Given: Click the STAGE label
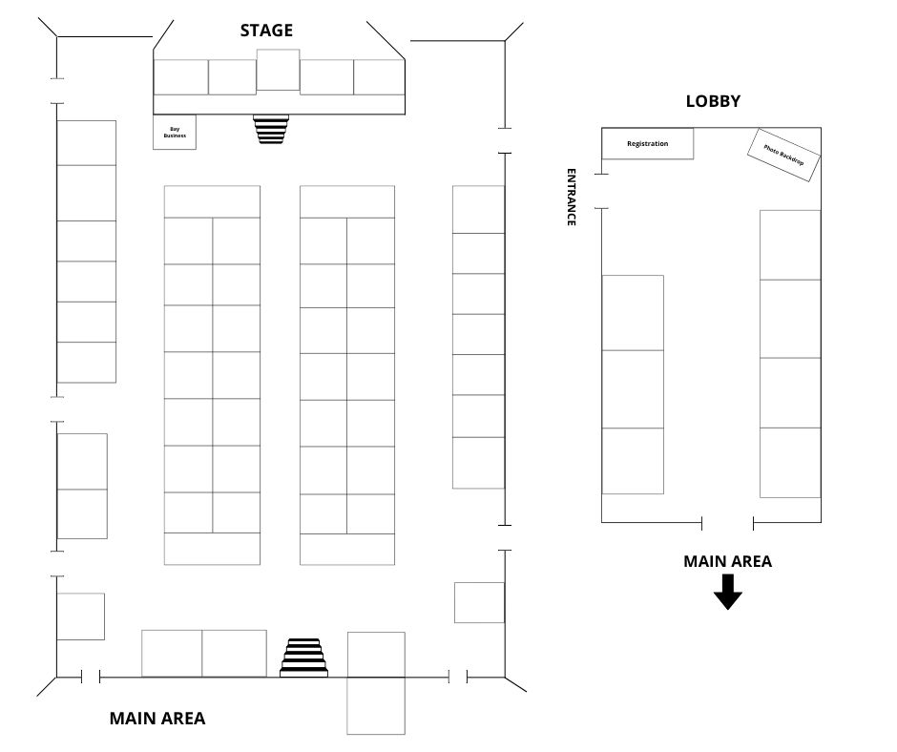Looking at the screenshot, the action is pos(266,31).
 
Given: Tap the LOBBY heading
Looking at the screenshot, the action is pos(713,101).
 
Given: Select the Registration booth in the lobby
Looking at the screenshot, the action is pos(648,144).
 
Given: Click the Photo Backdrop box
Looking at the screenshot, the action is pos(783,156).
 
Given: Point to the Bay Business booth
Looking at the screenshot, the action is pos(175,133).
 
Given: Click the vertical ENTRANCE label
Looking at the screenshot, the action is pos(571,197).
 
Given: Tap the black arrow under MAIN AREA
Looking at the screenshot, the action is pos(728,593).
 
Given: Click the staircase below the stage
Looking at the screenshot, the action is pos(271,129).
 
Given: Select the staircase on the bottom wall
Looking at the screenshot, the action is pos(303,658).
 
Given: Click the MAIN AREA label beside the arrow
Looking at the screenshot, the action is pos(728,561).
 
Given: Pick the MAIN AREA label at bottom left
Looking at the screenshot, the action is pos(157,719).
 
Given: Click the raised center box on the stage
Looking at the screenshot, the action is pos(278,70).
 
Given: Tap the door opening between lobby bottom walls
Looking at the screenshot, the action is pos(728,522).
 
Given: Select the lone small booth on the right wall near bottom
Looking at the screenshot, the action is pos(479,602).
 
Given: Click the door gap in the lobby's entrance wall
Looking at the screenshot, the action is pos(601,191).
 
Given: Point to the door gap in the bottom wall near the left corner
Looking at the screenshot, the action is pos(91,678).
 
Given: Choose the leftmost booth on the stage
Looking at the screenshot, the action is pos(180,77).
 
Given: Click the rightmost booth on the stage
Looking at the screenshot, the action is pos(379,77).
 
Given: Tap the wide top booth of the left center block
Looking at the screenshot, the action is pos(212,201).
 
